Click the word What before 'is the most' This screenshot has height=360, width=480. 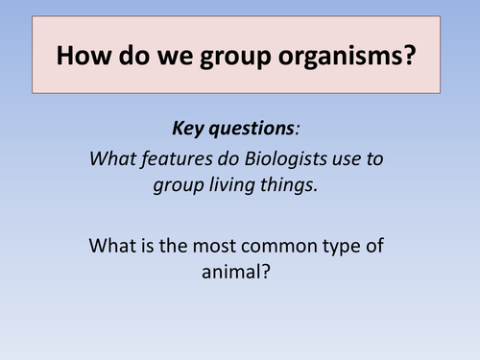pyautogui.click(x=114, y=245)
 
